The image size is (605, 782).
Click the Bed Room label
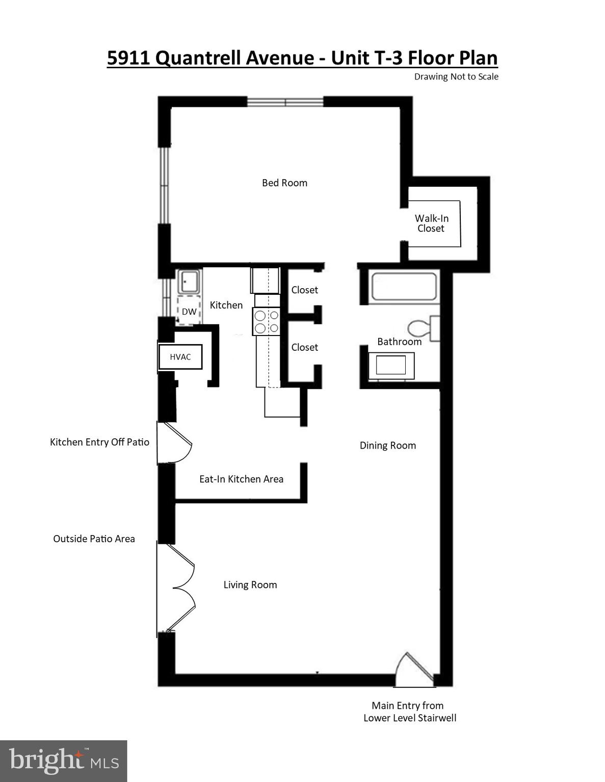(284, 183)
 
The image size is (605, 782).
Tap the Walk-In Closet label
(431, 224)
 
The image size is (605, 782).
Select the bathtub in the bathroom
(404, 287)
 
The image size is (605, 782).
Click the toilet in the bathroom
(423, 328)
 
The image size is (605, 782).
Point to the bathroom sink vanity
(391, 365)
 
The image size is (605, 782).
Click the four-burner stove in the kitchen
(267, 322)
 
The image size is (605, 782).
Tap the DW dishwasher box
(189, 311)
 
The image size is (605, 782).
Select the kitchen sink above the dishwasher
(189, 282)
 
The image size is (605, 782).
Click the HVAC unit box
(180, 357)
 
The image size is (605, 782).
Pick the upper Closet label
(304, 290)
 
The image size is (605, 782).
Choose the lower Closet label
(304, 347)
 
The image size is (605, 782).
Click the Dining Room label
(387, 445)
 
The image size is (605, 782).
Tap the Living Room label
(250, 585)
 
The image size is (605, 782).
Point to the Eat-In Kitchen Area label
(241, 479)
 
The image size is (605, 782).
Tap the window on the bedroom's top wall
(285, 102)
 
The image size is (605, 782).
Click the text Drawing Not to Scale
(456, 77)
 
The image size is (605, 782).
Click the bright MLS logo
(63, 761)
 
